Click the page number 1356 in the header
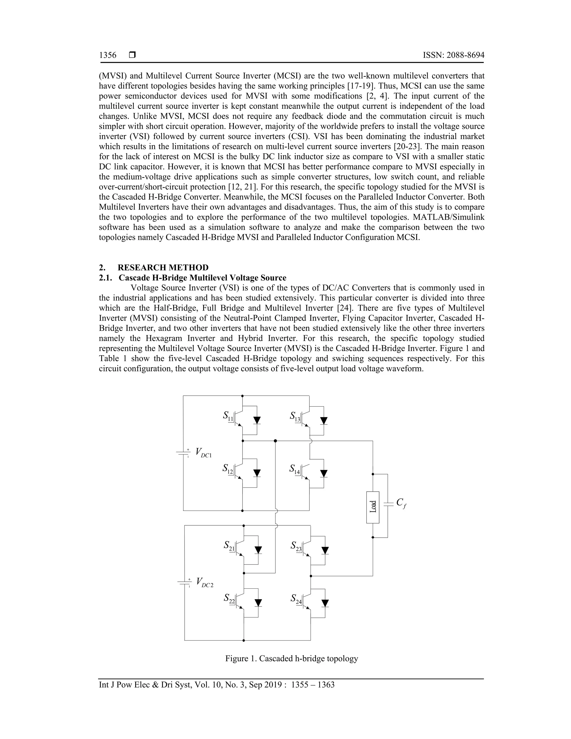(108, 55)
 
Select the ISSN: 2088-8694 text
(453, 55)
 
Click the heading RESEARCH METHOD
(163, 268)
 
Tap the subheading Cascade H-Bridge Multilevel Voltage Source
(202, 278)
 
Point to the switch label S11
(228, 416)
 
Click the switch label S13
(295, 416)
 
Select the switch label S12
(228, 469)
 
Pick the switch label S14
(295, 469)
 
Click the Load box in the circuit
(373, 507)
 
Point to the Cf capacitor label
(401, 503)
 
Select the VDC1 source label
(203, 452)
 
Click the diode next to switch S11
(257, 420)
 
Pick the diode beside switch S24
(325, 603)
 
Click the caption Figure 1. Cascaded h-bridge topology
(292, 658)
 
